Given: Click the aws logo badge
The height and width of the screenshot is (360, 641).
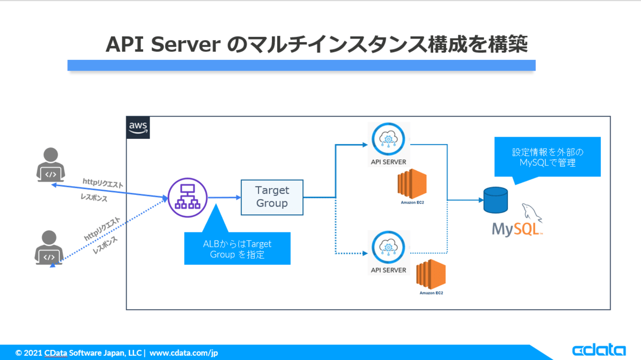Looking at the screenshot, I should pos(138,128).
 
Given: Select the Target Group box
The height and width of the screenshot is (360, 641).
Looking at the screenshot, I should pos(272,197).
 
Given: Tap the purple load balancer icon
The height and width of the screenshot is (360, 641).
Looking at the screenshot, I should pos(187,197).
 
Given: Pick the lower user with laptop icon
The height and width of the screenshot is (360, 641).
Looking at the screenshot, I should pos(49,248).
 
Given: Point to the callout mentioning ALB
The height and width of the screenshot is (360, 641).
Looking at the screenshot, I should pos(237,248).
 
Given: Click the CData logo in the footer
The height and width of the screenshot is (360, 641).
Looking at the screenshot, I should pos(599,350).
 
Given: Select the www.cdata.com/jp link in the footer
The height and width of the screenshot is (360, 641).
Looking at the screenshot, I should pos(184,353).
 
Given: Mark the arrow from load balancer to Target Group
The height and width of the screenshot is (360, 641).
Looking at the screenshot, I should pos(224,197).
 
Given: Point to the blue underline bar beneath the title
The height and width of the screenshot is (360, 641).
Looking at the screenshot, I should pos(301,65).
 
